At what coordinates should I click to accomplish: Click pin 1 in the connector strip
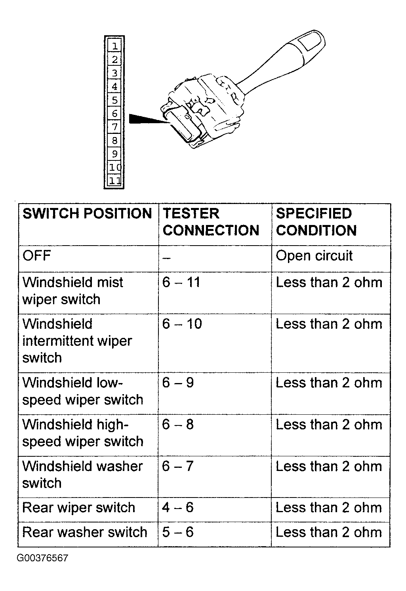(114, 46)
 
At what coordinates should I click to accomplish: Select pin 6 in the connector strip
(114, 114)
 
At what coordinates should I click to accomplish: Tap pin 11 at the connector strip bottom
(114, 181)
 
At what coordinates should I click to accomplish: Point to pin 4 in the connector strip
(114, 86)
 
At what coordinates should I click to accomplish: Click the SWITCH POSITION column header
(87, 214)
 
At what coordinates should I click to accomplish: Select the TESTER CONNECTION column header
(211, 222)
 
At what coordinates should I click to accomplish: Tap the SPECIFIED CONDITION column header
(316, 222)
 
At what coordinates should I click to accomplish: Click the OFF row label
(37, 256)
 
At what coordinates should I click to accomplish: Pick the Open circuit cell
(314, 256)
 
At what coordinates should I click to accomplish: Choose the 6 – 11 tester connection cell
(181, 282)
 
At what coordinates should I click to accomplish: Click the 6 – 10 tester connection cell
(182, 324)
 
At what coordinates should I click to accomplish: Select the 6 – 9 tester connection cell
(178, 383)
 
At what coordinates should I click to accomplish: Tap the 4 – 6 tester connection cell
(178, 507)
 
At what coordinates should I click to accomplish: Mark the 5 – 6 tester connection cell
(178, 532)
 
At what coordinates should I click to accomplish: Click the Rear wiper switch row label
(79, 507)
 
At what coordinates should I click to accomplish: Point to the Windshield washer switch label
(82, 475)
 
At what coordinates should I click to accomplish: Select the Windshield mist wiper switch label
(72, 291)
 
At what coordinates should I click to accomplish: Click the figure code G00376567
(42, 558)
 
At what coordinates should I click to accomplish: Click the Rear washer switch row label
(85, 532)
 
